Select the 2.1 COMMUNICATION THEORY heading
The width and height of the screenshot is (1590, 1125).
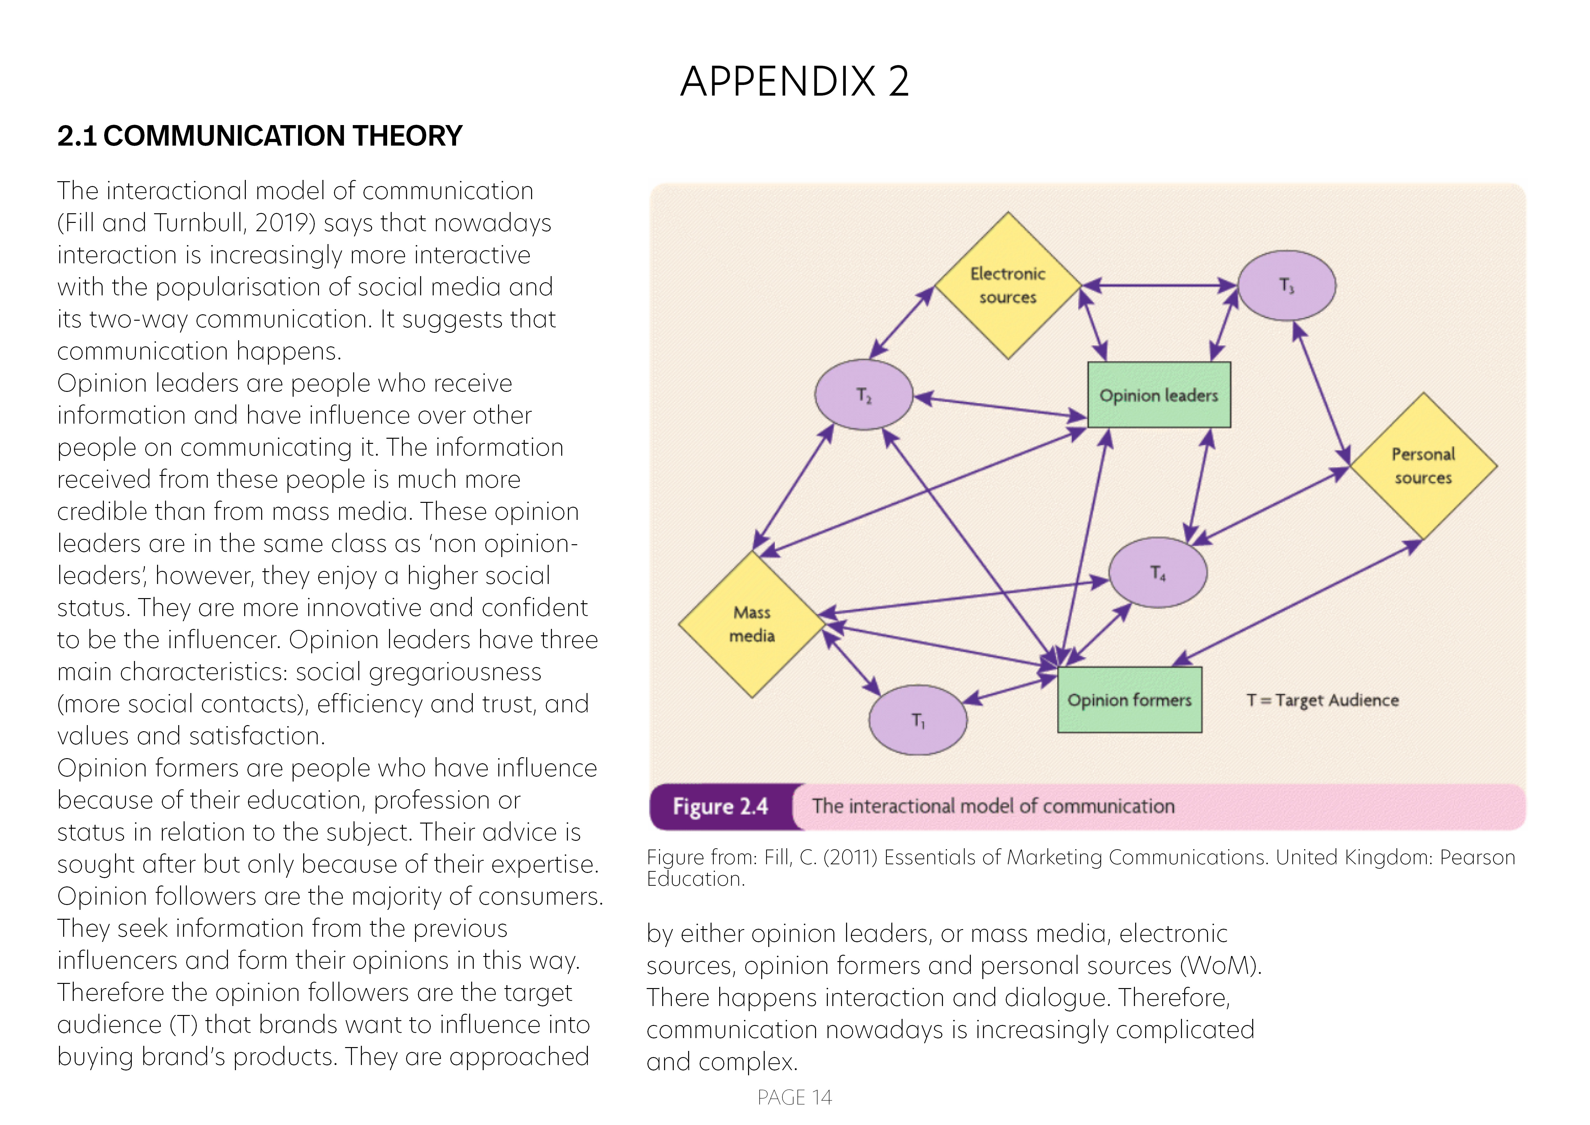point(260,136)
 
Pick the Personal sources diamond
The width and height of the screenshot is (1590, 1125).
point(1423,466)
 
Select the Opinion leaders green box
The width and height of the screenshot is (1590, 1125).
point(1159,395)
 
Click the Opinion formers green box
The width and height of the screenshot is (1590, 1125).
point(1129,700)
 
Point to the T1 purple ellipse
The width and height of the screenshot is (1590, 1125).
point(918,721)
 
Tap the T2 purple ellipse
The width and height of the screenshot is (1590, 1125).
point(863,395)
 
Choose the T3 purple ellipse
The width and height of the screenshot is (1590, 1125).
point(1287,285)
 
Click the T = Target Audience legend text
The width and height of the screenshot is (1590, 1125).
point(1323,700)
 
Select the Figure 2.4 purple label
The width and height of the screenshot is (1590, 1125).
point(720,806)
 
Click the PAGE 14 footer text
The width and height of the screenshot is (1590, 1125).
point(794,1097)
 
